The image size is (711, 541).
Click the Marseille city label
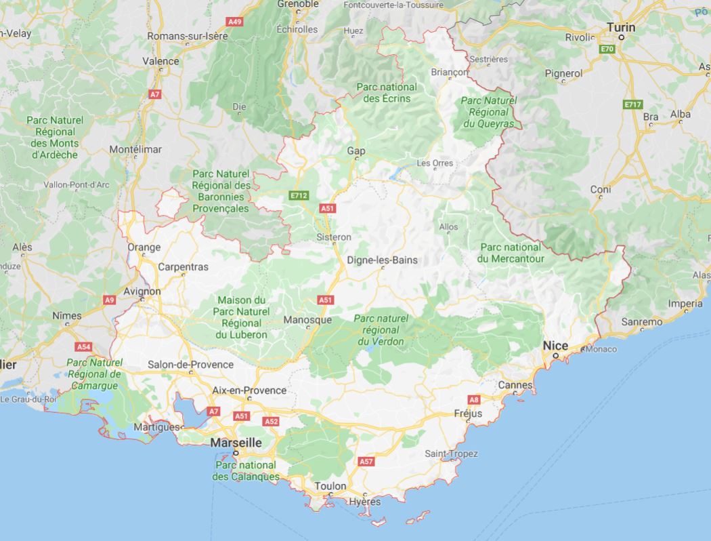236,442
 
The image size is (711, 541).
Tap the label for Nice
555,346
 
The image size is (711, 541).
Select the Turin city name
621,27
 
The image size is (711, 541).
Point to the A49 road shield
235,22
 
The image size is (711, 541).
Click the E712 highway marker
298,195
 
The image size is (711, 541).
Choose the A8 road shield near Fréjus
474,400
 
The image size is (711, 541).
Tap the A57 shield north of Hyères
366,461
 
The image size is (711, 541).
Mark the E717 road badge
632,104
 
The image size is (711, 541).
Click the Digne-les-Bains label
382,260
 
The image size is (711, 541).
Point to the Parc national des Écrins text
387,93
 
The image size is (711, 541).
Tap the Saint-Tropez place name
451,454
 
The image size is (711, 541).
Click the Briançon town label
450,72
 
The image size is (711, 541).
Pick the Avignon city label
142,292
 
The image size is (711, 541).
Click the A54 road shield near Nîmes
83,346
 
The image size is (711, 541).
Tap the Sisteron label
334,237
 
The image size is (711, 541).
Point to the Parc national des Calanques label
245,470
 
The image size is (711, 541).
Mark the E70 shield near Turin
606,49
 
